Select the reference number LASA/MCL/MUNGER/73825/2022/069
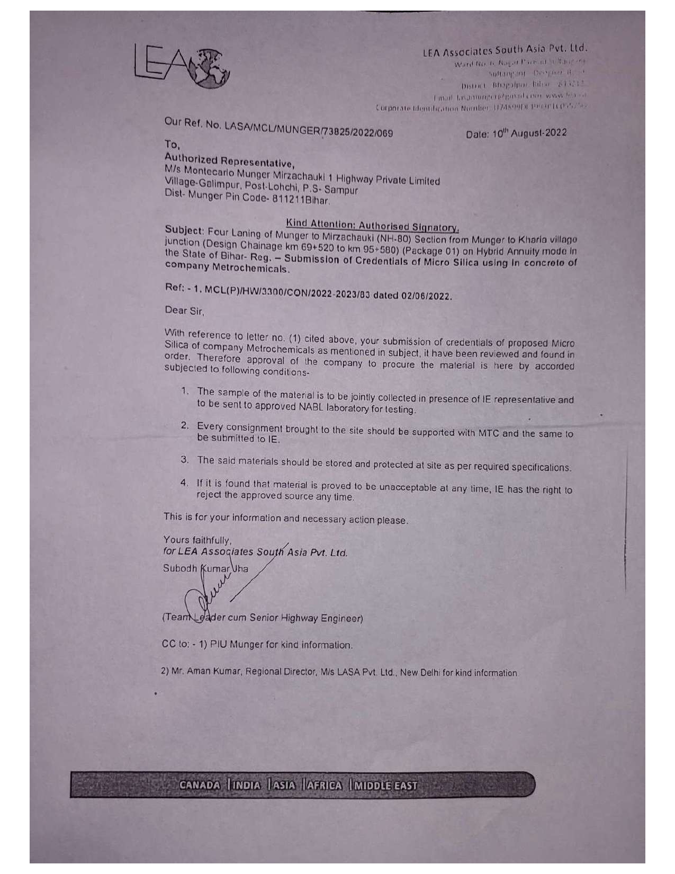309,129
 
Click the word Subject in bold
184,230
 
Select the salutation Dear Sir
184,311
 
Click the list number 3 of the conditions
184,460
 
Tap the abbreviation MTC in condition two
489,433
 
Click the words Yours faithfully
197,540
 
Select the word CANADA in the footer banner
200,785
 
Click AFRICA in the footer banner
323,785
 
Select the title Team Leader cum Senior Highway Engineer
263,618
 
